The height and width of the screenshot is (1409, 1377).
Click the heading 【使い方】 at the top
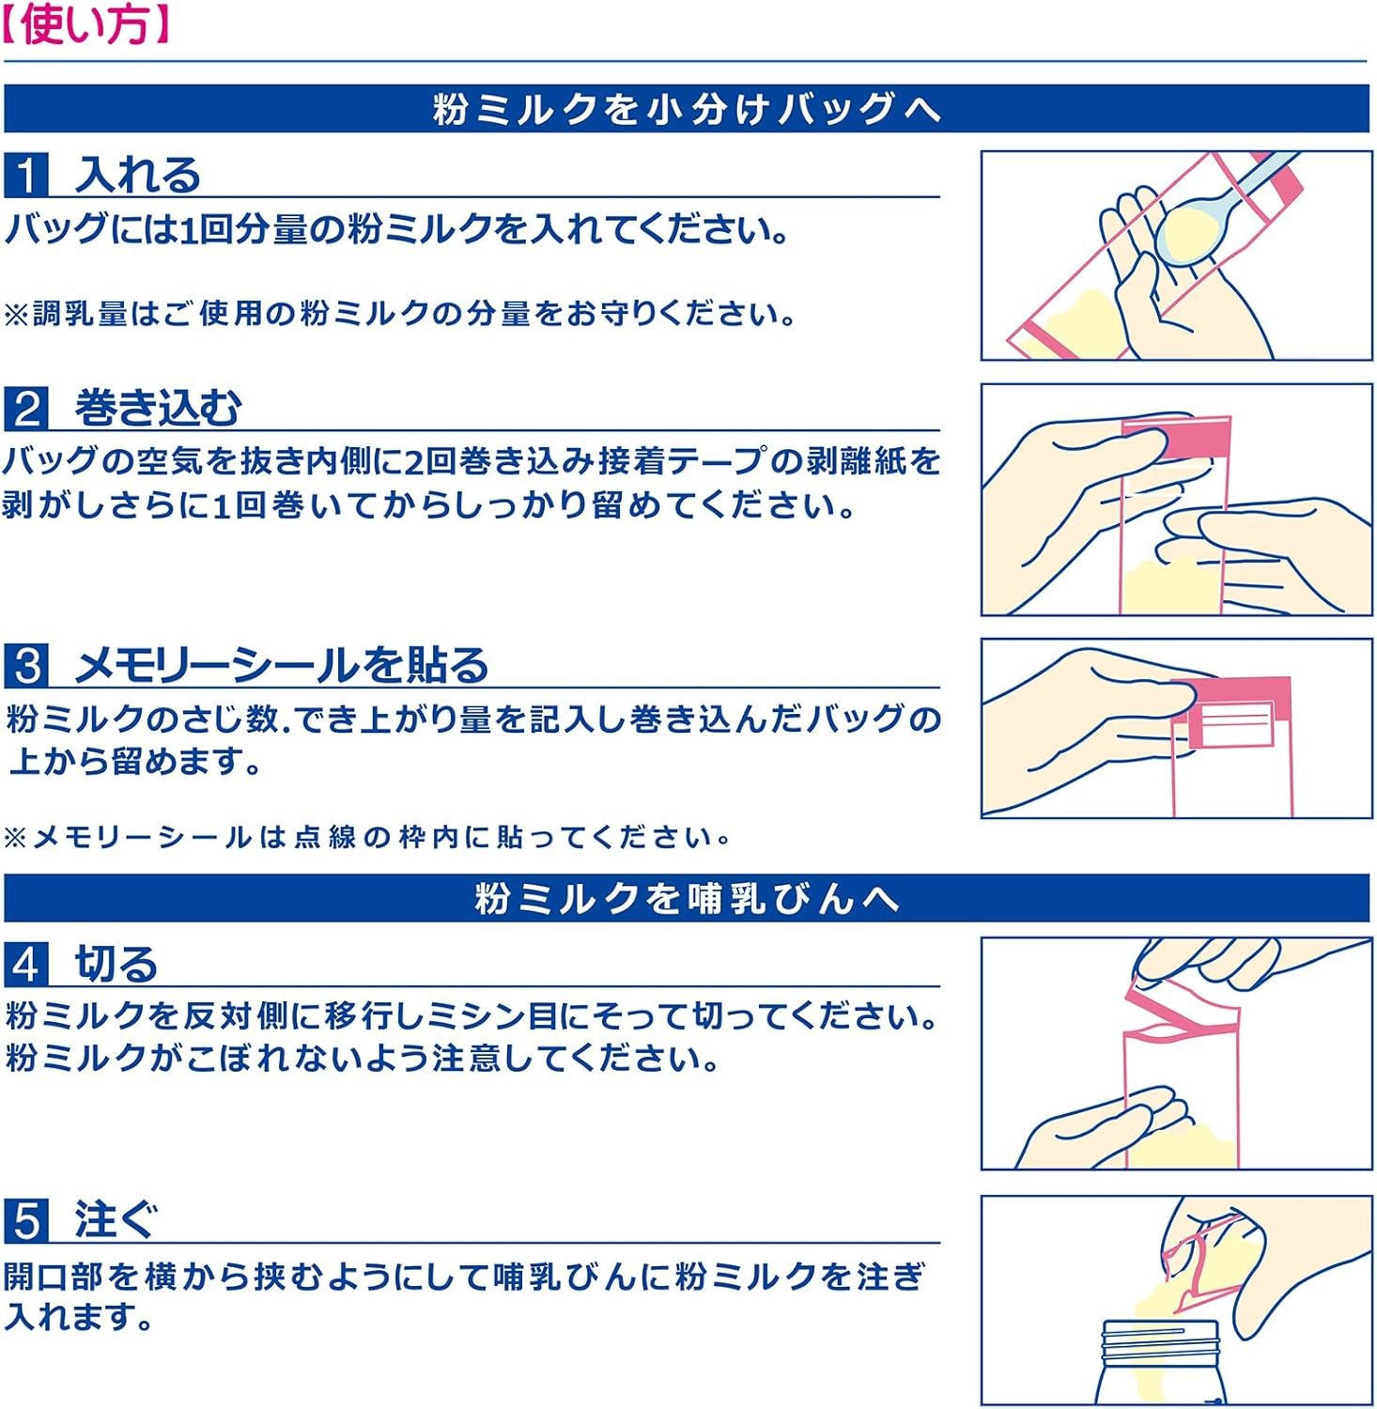(x=86, y=25)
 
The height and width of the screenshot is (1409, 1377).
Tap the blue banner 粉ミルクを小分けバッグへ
(x=687, y=109)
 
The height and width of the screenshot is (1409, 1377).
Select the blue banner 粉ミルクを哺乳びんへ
(x=687, y=898)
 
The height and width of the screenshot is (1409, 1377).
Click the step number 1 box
(x=26, y=176)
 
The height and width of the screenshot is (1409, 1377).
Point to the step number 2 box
(x=26, y=409)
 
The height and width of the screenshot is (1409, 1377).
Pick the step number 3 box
(x=26, y=665)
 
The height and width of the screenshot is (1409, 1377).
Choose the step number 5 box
(x=26, y=1220)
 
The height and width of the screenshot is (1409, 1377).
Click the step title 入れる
(x=138, y=176)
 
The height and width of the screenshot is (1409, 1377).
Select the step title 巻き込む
(x=158, y=409)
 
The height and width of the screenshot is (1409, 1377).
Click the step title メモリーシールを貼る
(x=282, y=665)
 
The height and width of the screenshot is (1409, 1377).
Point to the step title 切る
(x=116, y=964)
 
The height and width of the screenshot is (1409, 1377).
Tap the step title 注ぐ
(x=116, y=1220)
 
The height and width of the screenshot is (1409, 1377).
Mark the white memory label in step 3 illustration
(x=1231, y=726)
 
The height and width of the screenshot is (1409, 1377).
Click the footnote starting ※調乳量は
(x=399, y=314)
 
